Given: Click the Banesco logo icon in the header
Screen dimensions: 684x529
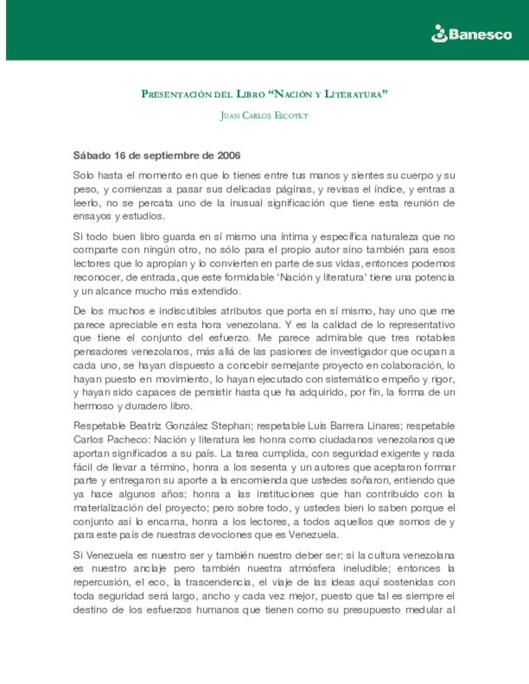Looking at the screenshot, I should click(439, 34).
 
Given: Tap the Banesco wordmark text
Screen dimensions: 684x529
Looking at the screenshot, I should click(480, 35).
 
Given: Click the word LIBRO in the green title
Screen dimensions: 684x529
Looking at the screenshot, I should click(250, 94).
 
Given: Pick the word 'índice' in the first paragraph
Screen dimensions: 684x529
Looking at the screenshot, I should click(389, 189).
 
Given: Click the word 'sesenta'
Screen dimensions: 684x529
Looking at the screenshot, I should click(268, 467).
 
